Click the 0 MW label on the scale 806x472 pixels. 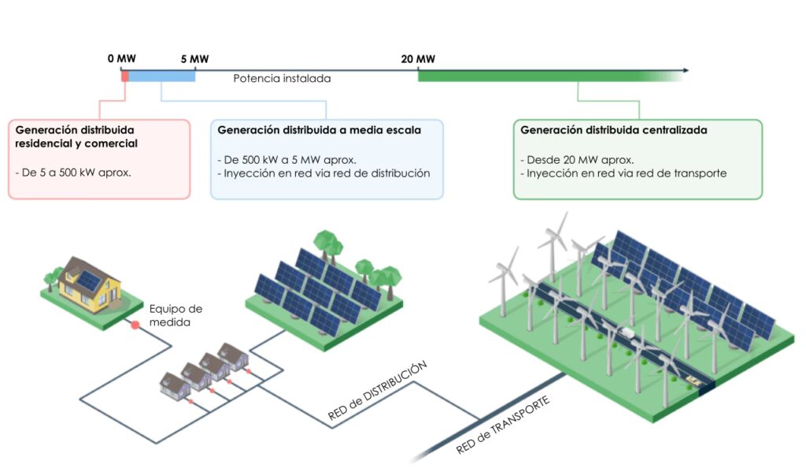click(x=123, y=59)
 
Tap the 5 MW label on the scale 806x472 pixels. click(x=194, y=59)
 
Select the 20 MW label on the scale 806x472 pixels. click(x=417, y=59)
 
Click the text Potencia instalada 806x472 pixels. click(x=282, y=79)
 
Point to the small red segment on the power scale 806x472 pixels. click(x=124, y=76)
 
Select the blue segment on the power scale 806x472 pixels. click(x=161, y=76)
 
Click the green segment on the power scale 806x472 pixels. click(x=535, y=76)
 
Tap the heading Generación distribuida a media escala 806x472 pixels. click(x=319, y=129)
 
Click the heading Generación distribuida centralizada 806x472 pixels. click(x=613, y=129)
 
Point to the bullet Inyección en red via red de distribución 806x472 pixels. click(x=324, y=173)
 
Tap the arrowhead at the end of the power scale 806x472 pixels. click(x=686, y=70)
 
